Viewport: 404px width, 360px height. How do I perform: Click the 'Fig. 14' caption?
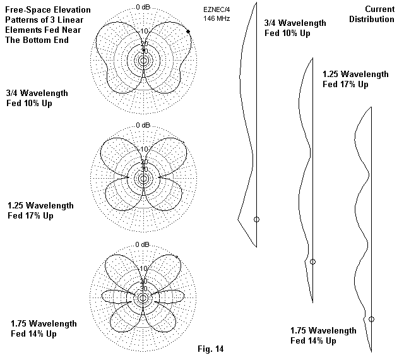211,349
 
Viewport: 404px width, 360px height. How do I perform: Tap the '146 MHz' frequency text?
217,19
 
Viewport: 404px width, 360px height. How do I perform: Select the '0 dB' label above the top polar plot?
144,6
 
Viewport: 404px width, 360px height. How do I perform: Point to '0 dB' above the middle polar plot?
144,126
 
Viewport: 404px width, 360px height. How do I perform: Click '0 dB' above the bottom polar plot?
144,244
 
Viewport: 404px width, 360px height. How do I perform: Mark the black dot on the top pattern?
188,31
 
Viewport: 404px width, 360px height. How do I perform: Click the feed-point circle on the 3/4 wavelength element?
256,219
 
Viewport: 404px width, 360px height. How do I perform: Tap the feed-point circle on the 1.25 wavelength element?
313,261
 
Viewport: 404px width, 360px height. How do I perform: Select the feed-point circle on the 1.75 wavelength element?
371,320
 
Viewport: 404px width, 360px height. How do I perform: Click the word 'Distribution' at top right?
372,20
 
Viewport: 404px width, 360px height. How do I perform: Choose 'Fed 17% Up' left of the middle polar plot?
30,215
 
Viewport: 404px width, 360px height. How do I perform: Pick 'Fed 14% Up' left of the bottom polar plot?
34,334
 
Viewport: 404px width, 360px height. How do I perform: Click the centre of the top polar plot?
144,61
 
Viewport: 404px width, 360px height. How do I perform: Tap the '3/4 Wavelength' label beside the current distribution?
296,23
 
